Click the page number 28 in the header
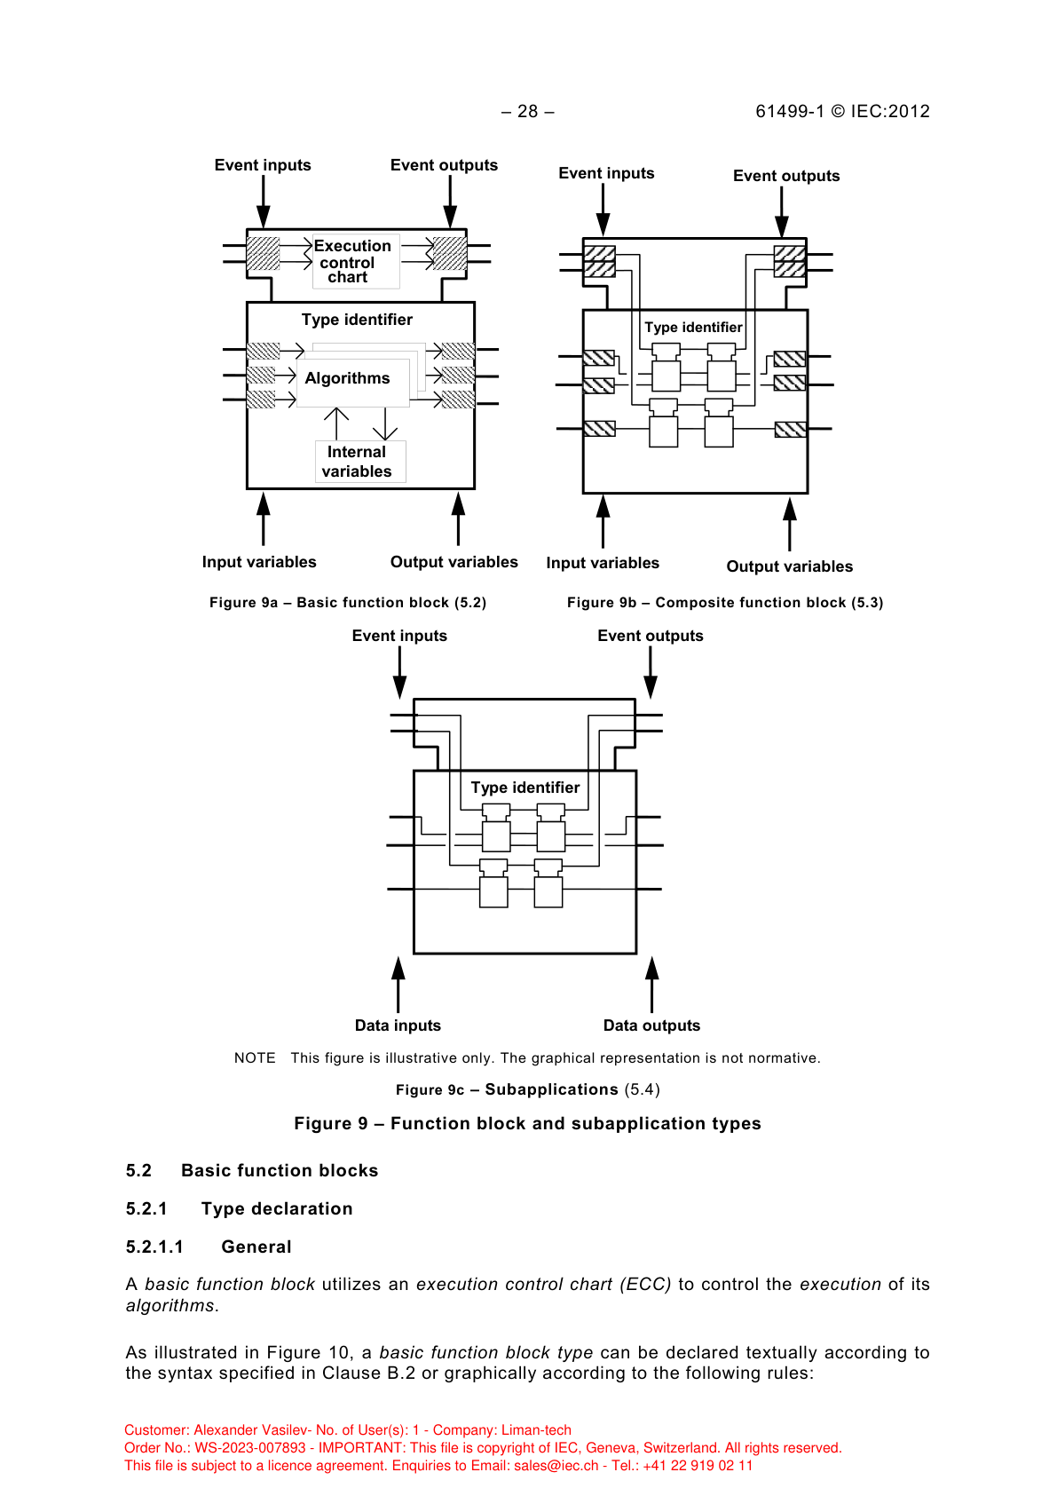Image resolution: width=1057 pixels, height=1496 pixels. [x=528, y=111]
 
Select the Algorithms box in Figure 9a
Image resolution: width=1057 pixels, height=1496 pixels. [x=348, y=378]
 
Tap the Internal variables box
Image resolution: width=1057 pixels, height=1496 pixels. [x=358, y=462]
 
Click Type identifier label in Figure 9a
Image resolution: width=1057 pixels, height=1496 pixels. [x=357, y=320]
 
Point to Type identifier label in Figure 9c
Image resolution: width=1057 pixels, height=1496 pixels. [x=525, y=788]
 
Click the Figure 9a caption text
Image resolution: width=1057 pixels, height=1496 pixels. [x=348, y=603]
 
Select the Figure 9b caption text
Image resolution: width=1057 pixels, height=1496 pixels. [x=725, y=603]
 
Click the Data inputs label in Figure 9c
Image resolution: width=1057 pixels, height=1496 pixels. [x=398, y=1025]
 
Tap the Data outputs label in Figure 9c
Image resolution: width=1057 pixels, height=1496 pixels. [x=651, y=1025]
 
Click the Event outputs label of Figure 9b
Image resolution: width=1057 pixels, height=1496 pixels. [x=786, y=176]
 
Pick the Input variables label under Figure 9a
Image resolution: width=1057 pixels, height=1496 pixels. [x=259, y=562]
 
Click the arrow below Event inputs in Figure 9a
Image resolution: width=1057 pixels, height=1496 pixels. [x=263, y=202]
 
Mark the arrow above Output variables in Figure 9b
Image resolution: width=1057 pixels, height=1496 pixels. [x=789, y=524]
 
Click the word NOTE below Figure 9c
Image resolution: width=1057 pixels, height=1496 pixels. [x=255, y=1058]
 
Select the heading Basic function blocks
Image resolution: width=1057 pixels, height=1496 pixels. [x=280, y=1171]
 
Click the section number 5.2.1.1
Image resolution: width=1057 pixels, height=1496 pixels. [x=154, y=1247]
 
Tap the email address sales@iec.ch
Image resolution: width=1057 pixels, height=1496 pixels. [x=556, y=1466]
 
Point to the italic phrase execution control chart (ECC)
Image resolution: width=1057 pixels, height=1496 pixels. [x=543, y=1285]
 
